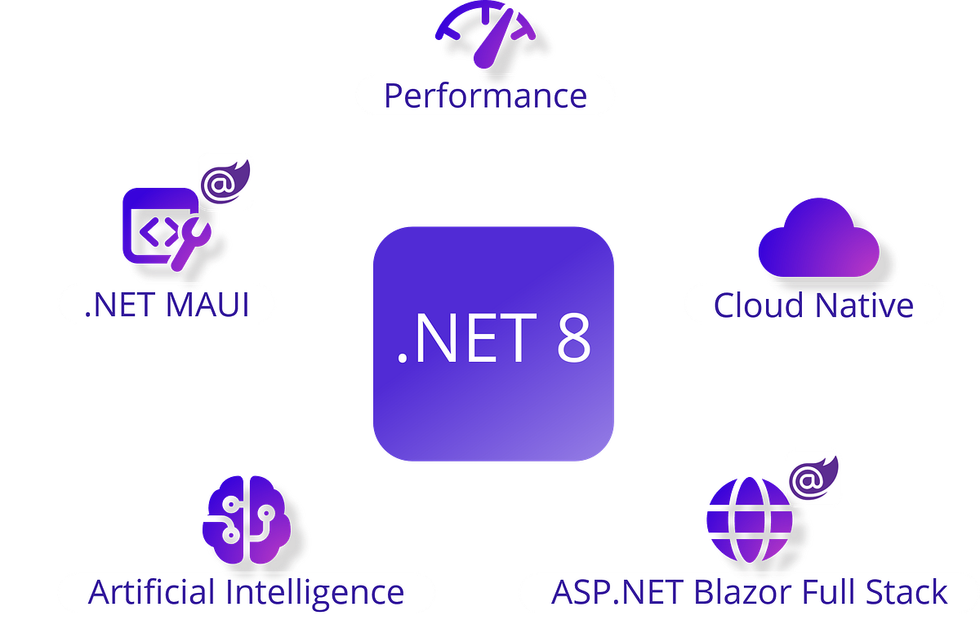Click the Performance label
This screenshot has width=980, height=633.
[x=485, y=96]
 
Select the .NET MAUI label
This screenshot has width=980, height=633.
[x=167, y=305]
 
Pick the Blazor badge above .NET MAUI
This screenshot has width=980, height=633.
[x=225, y=181]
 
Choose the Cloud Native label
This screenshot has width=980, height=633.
[x=813, y=305]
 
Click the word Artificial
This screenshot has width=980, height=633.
[x=150, y=592]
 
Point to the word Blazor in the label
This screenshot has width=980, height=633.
[x=728, y=592]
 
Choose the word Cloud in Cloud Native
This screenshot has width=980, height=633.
[x=759, y=305]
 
